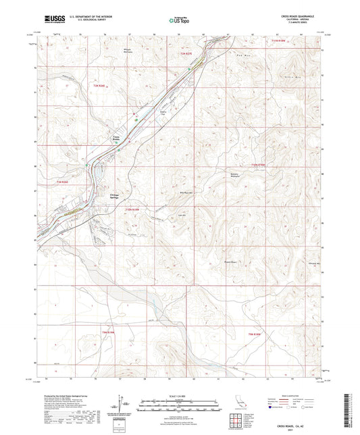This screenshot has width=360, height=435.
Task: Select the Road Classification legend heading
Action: pos(294,395)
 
